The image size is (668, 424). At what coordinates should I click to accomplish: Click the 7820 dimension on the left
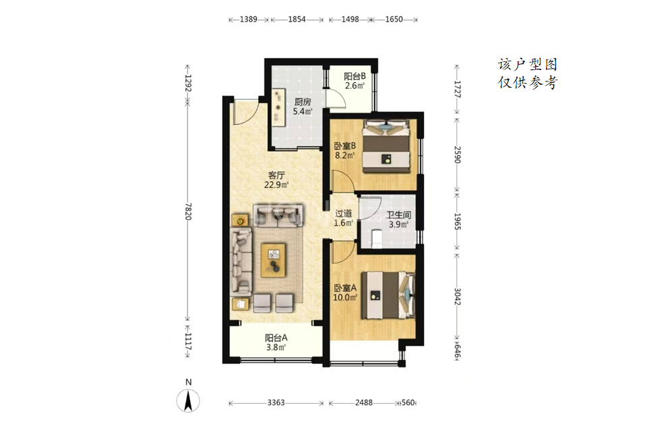click(188, 212)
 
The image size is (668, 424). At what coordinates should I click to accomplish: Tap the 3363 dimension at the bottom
click(276, 402)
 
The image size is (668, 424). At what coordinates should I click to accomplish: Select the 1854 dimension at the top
click(297, 19)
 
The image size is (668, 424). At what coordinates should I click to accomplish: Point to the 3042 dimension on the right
click(457, 297)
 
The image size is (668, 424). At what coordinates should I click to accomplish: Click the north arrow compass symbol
click(188, 400)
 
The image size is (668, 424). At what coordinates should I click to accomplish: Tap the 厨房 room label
click(303, 102)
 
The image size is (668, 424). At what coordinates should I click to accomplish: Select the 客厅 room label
click(276, 175)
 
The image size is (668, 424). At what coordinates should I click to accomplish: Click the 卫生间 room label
click(398, 215)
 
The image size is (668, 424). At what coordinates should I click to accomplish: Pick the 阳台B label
click(355, 76)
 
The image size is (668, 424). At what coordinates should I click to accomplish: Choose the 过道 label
click(343, 214)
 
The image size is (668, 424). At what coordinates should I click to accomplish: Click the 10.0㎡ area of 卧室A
click(345, 297)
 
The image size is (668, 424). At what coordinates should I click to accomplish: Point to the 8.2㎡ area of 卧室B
click(344, 155)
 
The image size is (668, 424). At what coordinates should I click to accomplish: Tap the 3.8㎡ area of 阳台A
click(276, 347)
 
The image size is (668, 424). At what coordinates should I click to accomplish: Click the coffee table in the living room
click(274, 260)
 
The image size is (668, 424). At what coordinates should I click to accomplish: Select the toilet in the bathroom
click(377, 239)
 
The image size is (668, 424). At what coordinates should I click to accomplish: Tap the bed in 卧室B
click(387, 146)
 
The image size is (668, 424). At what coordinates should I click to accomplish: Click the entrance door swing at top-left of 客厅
click(245, 112)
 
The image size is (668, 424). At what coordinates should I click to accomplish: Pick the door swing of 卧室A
click(344, 252)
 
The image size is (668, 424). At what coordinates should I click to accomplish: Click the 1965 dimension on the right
click(457, 222)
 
